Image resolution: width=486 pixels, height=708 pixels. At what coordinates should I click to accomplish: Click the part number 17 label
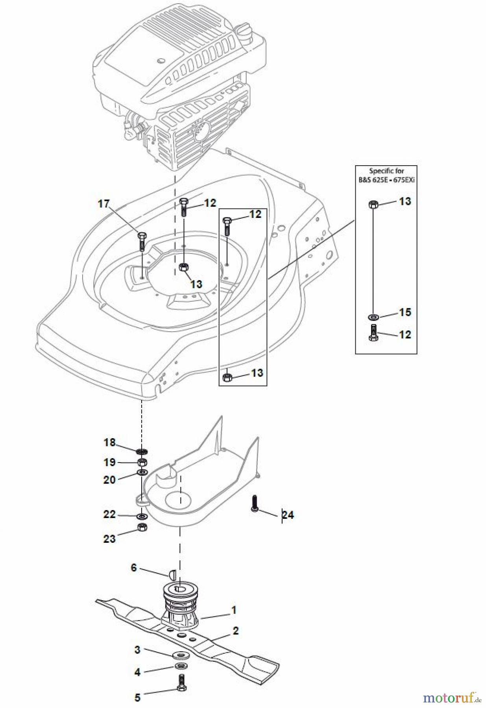[x=103, y=204]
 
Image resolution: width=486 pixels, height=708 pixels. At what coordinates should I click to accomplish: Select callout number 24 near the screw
[x=288, y=515]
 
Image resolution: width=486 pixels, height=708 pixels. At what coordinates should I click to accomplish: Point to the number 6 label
[x=134, y=568]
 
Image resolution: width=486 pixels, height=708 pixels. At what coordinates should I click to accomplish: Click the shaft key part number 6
[x=171, y=574]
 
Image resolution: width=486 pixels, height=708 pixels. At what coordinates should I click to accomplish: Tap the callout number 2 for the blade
[x=235, y=631]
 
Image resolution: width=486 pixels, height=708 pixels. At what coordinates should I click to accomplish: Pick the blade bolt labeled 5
[x=181, y=683]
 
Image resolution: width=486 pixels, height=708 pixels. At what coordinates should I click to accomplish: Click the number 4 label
[x=137, y=672]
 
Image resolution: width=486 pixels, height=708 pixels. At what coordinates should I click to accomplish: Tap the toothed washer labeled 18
[x=142, y=450]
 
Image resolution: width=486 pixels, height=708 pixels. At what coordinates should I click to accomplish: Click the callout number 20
[x=109, y=480]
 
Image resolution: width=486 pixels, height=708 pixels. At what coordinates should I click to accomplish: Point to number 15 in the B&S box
[x=405, y=312]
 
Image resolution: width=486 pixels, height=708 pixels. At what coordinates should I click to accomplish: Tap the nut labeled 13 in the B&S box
[x=373, y=205]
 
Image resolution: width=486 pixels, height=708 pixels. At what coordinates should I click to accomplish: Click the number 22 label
[x=109, y=514]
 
